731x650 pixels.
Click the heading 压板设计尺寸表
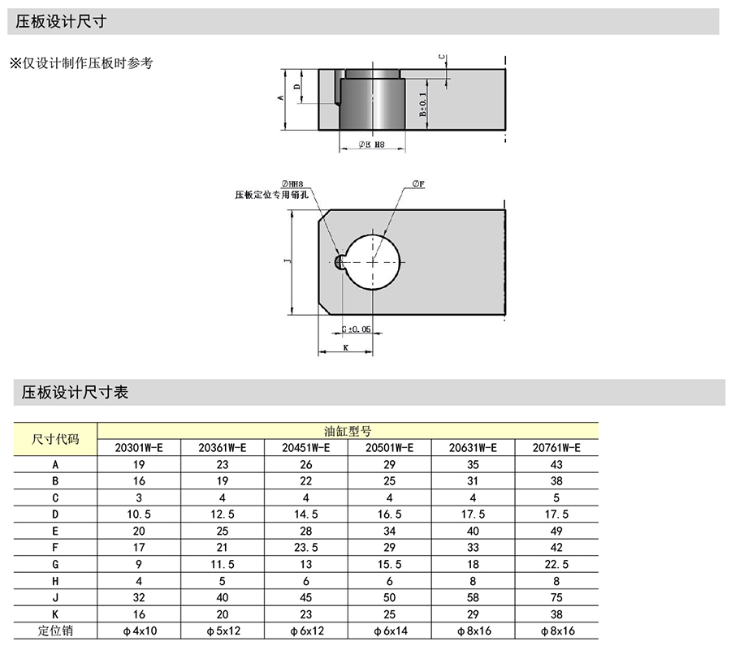pos(75,393)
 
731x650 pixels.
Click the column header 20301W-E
pos(139,447)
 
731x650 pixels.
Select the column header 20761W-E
pos(556,447)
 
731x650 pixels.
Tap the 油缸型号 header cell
pos(348,431)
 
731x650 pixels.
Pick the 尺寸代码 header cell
pos(55,439)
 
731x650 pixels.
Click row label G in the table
pos(55,564)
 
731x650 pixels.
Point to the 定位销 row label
pos(55,631)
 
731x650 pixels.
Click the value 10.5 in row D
pos(139,514)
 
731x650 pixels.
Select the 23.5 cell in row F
pos(306,548)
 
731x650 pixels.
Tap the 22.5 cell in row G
pos(556,564)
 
